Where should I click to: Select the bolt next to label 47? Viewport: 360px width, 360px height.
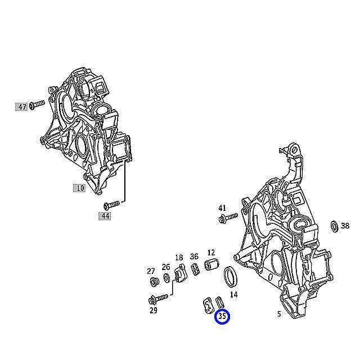(37, 104)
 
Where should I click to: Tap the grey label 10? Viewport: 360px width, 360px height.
(79, 188)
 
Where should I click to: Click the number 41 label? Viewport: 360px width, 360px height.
(222, 208)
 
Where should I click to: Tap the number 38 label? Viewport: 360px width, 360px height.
(345, 226)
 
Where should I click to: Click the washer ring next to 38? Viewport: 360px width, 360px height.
(333, 226)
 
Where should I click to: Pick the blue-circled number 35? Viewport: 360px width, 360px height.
(222, 317)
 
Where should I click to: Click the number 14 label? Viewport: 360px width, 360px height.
(234, 294)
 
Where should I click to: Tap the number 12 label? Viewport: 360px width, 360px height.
(211, 253)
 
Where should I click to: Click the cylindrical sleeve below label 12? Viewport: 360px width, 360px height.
(211, 265)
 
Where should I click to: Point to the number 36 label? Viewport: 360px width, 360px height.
(194, 256)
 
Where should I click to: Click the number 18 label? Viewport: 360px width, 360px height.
(179, 258)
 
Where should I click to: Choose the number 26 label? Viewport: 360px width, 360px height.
(166, 267)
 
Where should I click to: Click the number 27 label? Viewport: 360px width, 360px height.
(151, 271)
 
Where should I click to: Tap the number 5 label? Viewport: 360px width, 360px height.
(278, 314)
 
